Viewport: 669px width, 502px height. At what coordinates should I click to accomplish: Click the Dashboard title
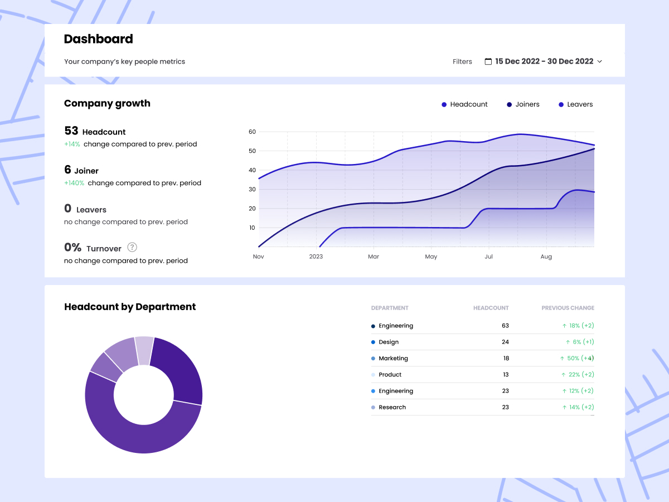tap(98, 39)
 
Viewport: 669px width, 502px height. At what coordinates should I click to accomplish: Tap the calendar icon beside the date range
tap(488, 61)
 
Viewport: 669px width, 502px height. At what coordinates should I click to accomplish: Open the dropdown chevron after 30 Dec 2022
tap(600, 61)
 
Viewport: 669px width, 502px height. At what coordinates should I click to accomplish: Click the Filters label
tap(462, 61)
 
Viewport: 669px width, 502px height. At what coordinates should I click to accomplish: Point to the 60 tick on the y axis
tap(252, 132)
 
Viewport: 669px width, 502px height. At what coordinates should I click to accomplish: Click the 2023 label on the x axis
tap(316, 257)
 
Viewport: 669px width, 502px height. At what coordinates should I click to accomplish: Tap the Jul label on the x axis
tap(488, 257)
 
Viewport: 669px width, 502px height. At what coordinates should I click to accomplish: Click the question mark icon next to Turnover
tap(132, 247)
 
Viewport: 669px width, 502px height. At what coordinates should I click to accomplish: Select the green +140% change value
tap(74, 183)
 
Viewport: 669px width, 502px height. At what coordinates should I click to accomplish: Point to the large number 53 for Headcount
tap(71, 131)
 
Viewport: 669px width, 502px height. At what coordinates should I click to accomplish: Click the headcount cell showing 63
tap(505, 326)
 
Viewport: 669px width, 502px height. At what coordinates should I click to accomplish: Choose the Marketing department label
tap(393, 358)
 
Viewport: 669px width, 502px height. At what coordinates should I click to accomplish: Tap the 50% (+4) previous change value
tap(580, 358)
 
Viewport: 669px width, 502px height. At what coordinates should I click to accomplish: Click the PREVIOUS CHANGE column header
tap(568, 308)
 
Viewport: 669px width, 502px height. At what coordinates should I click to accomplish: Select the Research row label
tap(392, 407)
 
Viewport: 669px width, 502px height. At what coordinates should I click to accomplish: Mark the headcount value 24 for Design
tap(505, 342)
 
